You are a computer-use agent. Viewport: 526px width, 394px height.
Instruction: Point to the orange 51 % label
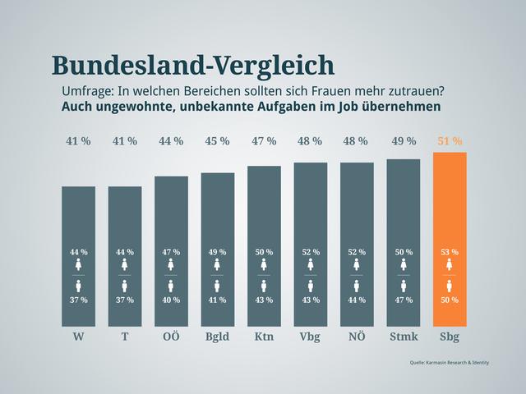point(450,141)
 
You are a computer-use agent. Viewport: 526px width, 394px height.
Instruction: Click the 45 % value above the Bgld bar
point(218,141)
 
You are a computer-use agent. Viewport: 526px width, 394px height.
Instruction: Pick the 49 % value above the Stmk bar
point(404,141)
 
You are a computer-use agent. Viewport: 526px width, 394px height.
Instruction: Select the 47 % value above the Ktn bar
point(264,141)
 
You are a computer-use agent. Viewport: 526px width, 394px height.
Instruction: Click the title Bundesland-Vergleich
point(193,65)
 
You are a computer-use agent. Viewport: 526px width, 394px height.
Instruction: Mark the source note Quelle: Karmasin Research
point(449,362)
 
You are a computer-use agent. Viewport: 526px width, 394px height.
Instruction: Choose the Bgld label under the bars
point(218,337)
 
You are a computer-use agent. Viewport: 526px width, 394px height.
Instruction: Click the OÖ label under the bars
point(171,337)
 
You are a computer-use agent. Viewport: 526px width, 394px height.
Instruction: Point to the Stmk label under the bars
point(404,337)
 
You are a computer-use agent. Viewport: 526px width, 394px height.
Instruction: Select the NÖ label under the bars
point(357,337)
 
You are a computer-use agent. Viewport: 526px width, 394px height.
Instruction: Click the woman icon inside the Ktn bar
point(264,264)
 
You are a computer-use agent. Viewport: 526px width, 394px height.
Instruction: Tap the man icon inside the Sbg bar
point(450,286)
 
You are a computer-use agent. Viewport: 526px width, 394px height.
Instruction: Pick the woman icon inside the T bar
point(125,264)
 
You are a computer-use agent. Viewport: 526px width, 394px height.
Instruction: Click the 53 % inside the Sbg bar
point(450,252)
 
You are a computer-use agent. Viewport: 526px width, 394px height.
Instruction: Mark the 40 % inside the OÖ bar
point(171,300)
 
